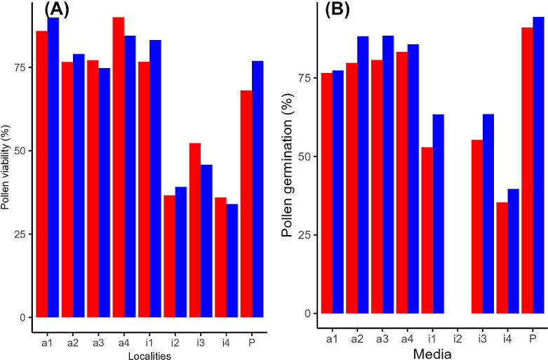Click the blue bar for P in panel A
click(258, 189)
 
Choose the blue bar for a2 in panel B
click(363, 175)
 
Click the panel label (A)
click(57, 9)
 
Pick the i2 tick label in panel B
click(457, 338)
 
